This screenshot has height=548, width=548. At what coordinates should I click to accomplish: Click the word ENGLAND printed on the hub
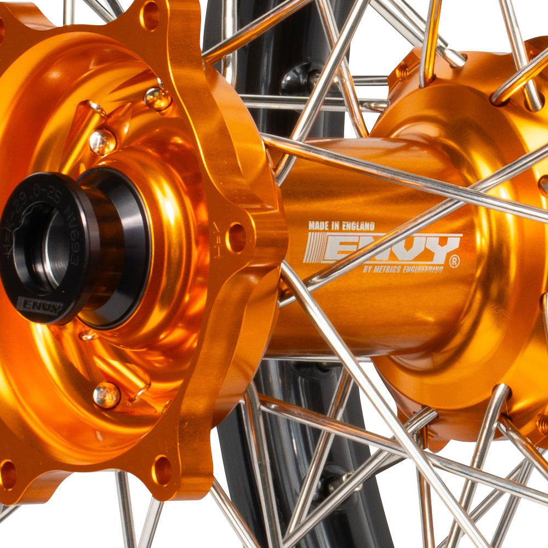click(x=357, y=226)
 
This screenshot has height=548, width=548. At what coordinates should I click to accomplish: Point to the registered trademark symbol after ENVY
click(x=454, y=262)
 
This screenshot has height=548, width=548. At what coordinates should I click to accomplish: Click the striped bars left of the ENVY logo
click(x=314, y=247)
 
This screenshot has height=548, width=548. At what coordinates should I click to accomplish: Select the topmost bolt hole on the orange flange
click(x=150, y=15)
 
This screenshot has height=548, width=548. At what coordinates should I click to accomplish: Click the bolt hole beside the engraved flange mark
click(x=236, y=237)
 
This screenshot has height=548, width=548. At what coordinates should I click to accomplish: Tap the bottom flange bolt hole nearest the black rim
click(x=162, y=470)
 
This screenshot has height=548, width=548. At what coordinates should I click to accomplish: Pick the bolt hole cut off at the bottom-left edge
click(x=7, y=474)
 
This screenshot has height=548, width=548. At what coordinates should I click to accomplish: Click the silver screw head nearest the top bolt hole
click(x=157, y=99)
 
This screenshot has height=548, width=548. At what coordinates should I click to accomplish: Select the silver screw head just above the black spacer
click(x=102, y=141)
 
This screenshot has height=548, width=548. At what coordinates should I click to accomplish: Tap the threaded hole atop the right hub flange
click(x=403, y=71)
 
